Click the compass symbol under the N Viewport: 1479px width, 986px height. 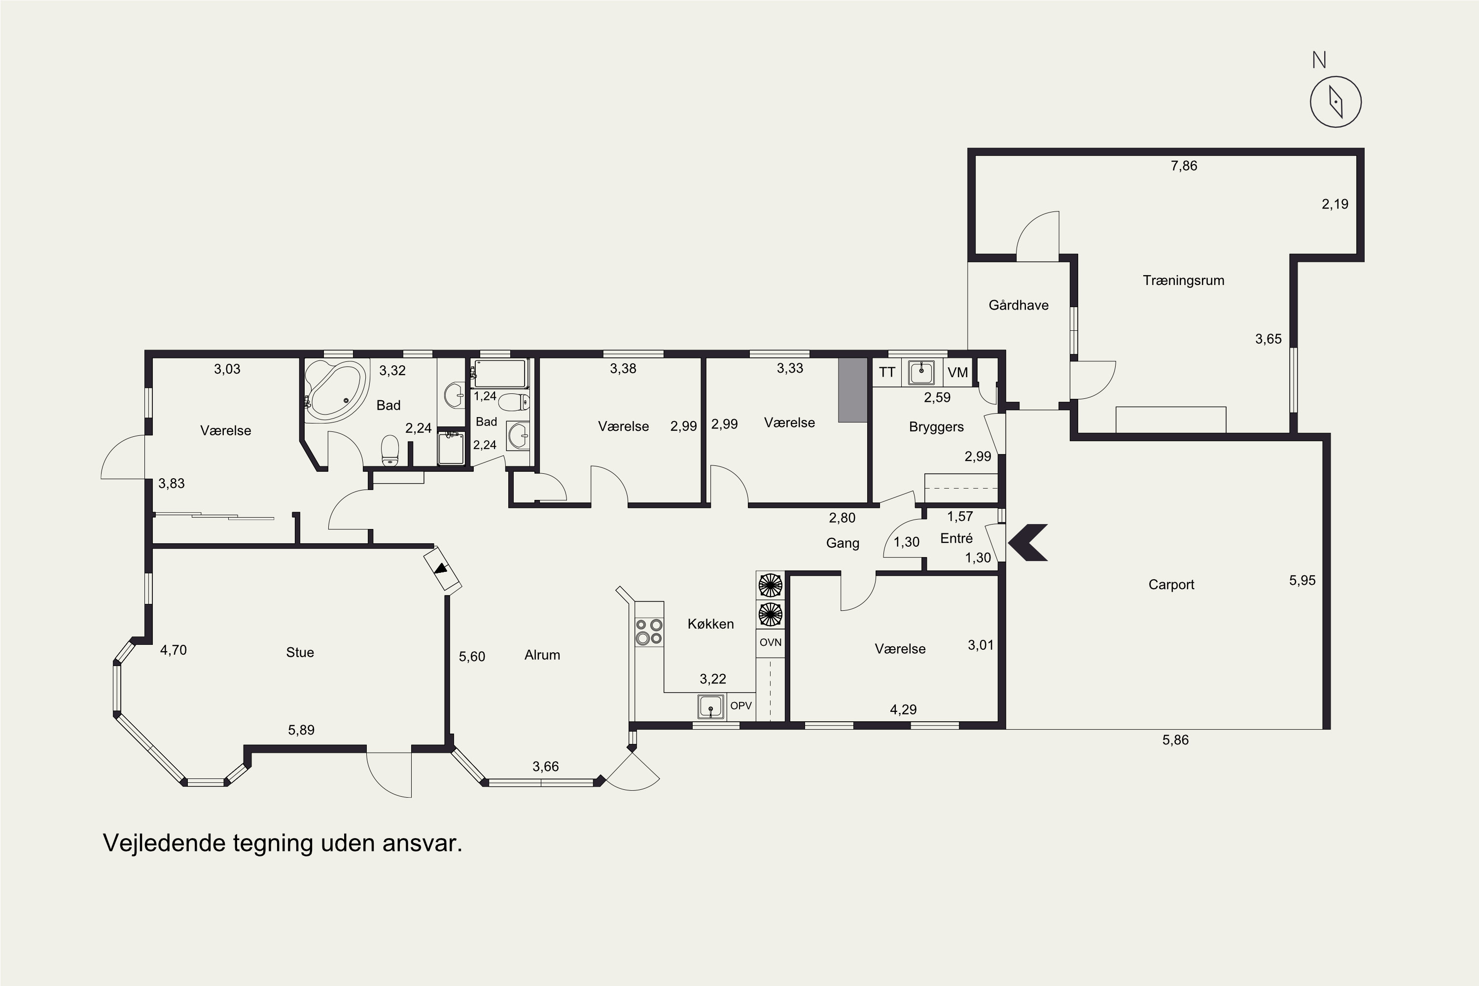pos(1336,102)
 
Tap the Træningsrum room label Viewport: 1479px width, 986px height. pos(1184,281)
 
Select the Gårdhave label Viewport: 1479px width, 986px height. pos(1019,305)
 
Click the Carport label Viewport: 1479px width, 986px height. pos(1171,585)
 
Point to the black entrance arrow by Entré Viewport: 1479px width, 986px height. pos(1027,542)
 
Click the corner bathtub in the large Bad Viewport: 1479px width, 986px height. pos(335,390)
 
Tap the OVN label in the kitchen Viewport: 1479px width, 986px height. pos(770,642)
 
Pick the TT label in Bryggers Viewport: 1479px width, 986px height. pos(886,372)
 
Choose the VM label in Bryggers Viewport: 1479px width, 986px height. pos(958,372)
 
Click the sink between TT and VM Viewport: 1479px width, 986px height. pos(921,372)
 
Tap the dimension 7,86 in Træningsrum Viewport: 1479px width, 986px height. pos(1184,166)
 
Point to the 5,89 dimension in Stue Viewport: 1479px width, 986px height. pos(301,730)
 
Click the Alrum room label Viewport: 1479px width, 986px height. pos(542,655)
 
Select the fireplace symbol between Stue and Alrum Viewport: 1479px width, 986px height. pos(443,568)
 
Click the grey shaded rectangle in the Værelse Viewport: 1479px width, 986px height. pos(853,390)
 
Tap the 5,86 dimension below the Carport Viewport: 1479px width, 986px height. pos(1175,740)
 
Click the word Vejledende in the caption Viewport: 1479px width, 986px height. pos(164,843)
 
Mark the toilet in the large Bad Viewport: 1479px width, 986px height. pos(390,451)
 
